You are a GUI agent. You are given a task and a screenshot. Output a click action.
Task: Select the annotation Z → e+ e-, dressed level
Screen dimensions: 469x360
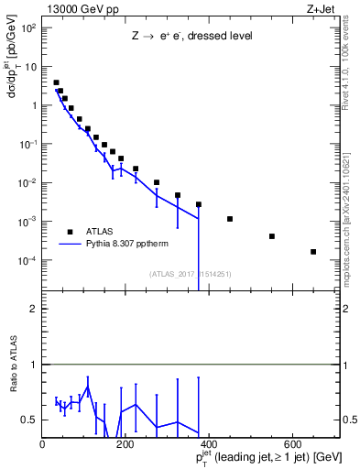[x=190, y=36]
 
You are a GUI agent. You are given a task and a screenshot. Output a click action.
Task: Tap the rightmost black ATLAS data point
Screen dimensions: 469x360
[x=313, y=252]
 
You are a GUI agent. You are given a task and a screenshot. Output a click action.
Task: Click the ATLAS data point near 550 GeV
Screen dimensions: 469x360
[x=272, y=236]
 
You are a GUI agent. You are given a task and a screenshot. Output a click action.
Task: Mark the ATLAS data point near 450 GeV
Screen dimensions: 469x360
[x=230, y=219]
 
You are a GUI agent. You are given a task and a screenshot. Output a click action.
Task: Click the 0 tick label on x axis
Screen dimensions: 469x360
[x=43, y=445]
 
